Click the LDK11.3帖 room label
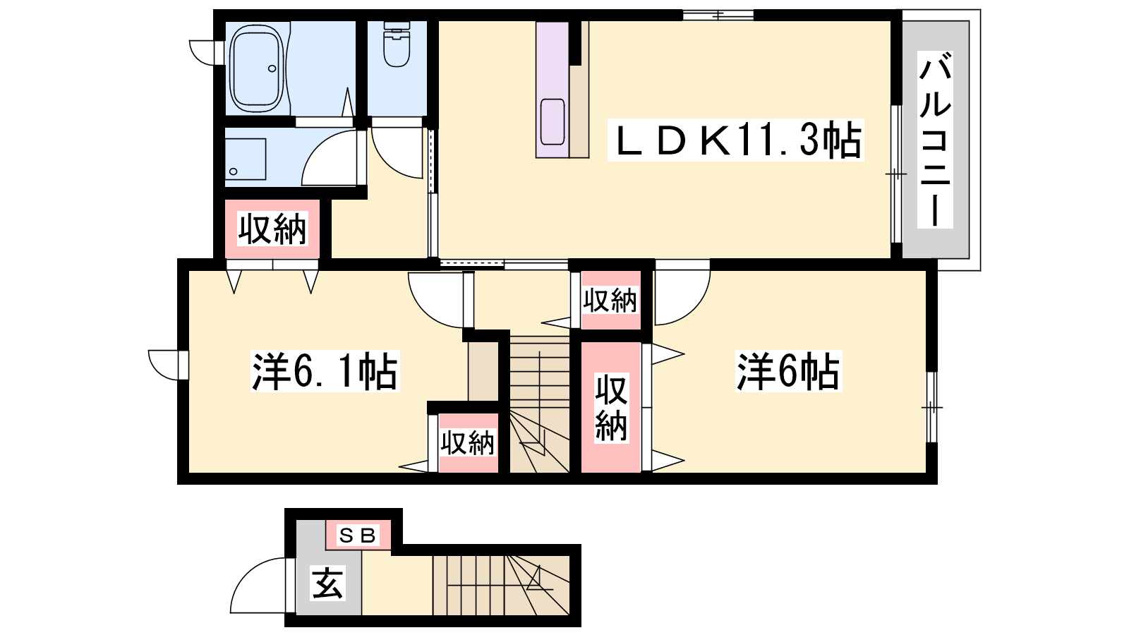tap(735, 140)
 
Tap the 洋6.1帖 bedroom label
tap(325, 371)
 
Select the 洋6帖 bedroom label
tap(788, 371)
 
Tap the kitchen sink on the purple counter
tap(553, 122)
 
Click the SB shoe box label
tap(358, 535)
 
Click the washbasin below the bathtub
tap(246, 159)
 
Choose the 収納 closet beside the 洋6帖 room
tap(611, 408)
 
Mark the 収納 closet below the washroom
tap(272, 229)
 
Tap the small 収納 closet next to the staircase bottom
tap(469, 443)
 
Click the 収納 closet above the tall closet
tap(610, 301)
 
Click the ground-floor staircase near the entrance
tap(501, 585)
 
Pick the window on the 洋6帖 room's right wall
tap(932, 407)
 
